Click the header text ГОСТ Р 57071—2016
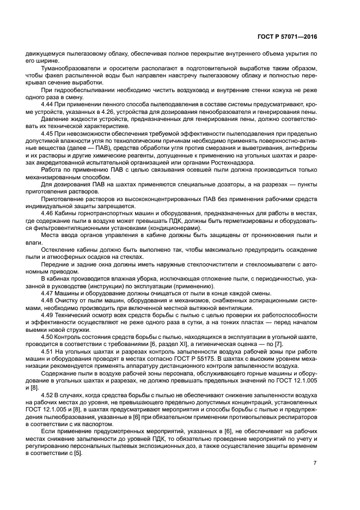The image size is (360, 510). coord(288,37)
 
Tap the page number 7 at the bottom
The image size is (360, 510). coord(315,463)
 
